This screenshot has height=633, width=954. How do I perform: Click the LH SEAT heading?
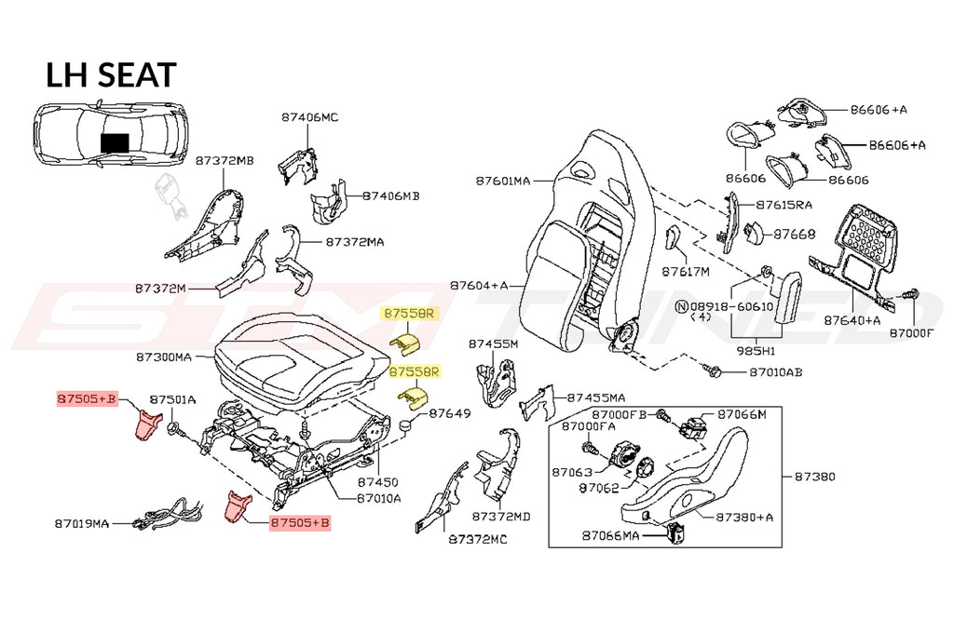[111, 74]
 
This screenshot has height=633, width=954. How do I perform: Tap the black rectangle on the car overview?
[116, 141]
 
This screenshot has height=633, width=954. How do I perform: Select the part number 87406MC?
[309, 117]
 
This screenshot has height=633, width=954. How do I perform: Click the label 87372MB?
[224, 160]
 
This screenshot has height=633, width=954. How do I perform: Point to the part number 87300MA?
[163, 357]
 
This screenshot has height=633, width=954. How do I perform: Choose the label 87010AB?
[775, 372]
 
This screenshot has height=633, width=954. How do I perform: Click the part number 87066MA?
[610, 535]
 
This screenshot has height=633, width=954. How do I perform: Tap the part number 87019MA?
[81, 523]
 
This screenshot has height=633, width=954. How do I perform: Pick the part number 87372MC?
[476, 539]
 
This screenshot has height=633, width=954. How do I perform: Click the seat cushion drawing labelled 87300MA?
[298, 354]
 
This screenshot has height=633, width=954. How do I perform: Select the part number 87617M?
[686, 272]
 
